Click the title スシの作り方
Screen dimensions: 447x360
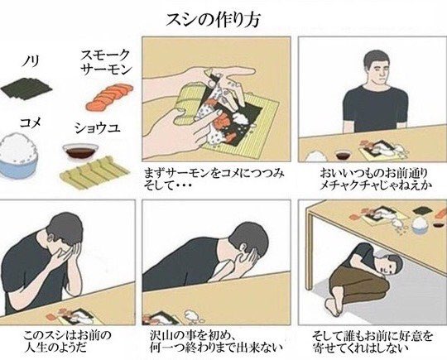pos(213,21)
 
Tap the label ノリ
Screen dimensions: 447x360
pos(31,60)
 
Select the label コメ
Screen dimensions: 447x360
pos(31,122)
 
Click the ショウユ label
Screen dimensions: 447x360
pos(97,127)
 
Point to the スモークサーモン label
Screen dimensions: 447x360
pos(106,62)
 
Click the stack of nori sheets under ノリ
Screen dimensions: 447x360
pos(26,89)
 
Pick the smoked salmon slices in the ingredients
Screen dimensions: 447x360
pos(109,97)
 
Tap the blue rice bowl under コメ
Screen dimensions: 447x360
pos(19,156)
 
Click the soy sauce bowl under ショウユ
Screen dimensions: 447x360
pos(80,152)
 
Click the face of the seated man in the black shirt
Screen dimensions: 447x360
pos(378,69)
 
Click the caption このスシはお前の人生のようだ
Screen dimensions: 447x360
pos(67,341)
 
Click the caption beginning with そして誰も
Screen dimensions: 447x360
pos(372,341)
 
